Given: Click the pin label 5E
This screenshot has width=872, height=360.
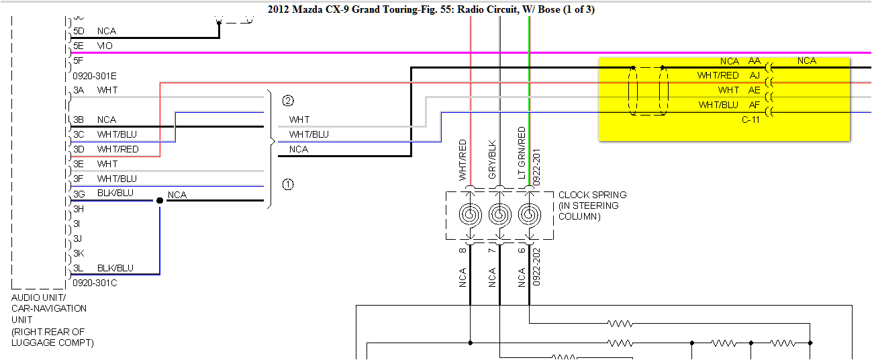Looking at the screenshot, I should point(79,46).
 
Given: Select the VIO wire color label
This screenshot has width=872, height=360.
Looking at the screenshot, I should point(105,46).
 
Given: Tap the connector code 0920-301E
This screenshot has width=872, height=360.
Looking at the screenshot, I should point(95,76).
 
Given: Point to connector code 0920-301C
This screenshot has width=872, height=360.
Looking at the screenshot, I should point(95,283).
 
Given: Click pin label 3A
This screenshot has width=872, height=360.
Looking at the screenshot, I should point(79,90).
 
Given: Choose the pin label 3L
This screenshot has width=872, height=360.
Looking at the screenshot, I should point(79,268).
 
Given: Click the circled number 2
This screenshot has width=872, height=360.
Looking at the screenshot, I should point(288,101).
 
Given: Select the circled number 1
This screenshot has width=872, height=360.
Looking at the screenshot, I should point(288,184).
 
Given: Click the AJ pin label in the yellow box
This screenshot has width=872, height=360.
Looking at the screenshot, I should point(755,76).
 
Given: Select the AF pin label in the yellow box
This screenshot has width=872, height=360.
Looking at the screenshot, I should point(755,105).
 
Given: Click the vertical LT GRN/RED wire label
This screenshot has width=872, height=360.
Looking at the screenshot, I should point(522,154).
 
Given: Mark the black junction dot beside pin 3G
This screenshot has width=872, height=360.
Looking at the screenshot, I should point(160,201).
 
